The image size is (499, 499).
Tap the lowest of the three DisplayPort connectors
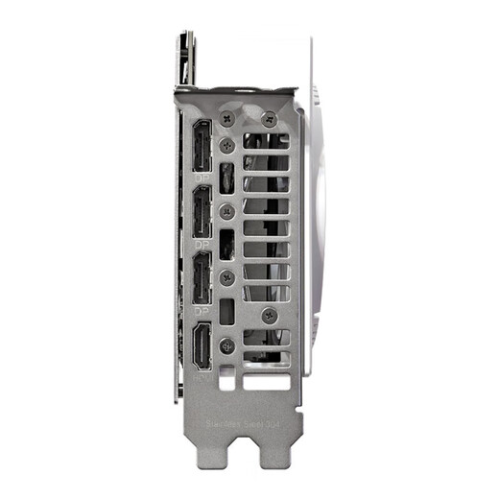[202, 278]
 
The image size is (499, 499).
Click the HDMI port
[202, 346]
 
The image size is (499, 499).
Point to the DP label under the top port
[202, 178]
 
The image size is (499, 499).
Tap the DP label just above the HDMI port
[202, 311]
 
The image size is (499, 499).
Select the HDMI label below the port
[202, 378]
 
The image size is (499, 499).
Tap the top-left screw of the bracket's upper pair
[226, 117]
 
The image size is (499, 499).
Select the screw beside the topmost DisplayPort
[226, 145]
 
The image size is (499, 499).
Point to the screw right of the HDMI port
[226, 346]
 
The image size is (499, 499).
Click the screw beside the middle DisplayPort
[226, 211]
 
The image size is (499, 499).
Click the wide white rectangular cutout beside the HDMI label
[265, 380]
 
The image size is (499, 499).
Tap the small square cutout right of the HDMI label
[226, 380]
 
